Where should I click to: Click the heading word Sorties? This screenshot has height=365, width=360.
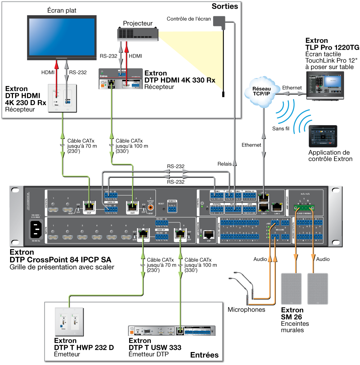225,6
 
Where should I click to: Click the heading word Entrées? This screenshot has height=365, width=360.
204,355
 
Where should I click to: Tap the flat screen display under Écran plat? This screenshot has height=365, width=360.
62,37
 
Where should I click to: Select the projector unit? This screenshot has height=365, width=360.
138,34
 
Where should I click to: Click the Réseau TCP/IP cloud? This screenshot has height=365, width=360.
262,91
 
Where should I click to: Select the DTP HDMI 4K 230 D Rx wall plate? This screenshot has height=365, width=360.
63,98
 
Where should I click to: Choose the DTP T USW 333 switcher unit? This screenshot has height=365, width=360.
172,331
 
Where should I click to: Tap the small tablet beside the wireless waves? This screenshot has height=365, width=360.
323,136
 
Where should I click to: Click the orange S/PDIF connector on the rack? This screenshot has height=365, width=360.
150,207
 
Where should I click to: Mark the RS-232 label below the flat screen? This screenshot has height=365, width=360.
78,72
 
